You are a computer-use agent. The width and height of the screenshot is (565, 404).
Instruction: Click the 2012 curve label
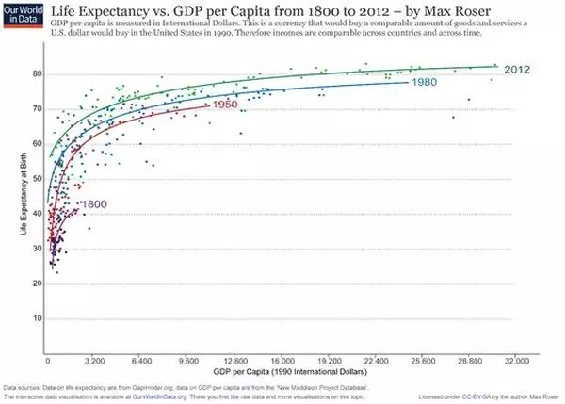click(516, 70)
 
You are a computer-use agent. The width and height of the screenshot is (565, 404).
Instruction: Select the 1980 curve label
click(423, 82)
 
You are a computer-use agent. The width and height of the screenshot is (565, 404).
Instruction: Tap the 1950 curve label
click(223, 105)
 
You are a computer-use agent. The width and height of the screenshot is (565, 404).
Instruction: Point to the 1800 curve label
click(94, 204)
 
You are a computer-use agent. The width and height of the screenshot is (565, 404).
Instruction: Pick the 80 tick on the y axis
click(37, 73)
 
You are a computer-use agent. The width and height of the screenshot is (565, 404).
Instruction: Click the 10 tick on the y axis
click(37, 318)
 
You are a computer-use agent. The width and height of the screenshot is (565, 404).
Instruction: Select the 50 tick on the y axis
click(37, 178)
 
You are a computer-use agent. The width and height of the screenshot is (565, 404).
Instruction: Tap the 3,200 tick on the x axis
click(93, 362)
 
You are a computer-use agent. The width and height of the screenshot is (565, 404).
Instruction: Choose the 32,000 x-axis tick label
click(517, 362)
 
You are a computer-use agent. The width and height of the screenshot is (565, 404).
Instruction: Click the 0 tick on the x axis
click(47, 362)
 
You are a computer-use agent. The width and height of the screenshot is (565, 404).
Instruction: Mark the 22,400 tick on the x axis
click(376, 362)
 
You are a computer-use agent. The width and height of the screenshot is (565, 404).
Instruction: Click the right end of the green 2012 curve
click(496, 66)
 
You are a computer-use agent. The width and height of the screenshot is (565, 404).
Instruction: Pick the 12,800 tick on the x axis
click(234, 362)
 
